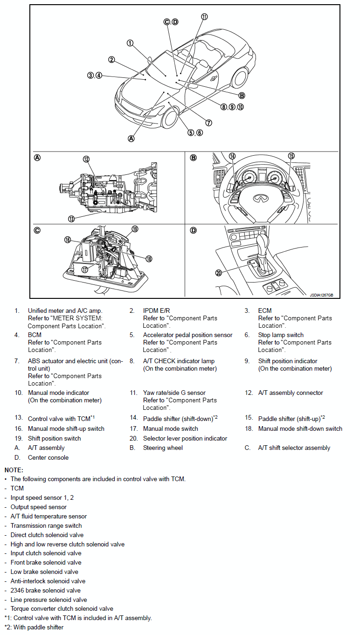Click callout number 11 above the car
[x=204, y=17]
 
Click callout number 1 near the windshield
[x=130, y=43]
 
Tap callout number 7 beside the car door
[x=208, y=123]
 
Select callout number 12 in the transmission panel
[x=86, y=159]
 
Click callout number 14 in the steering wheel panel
[x=232, y=157]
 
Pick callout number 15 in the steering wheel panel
[x=291, y=156]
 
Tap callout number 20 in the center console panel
[x=219, y=273]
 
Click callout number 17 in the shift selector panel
[x=85, y=269]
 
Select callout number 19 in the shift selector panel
[x=135, y=229]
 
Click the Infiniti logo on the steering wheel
[x=259, y=199]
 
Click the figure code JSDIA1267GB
[x=321, y=295]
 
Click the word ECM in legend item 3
[x=264, y=311]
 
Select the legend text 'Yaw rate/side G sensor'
[x=174, y=393]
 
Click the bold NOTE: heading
[x=14, y=470]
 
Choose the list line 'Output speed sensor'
[x=38, y=507]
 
